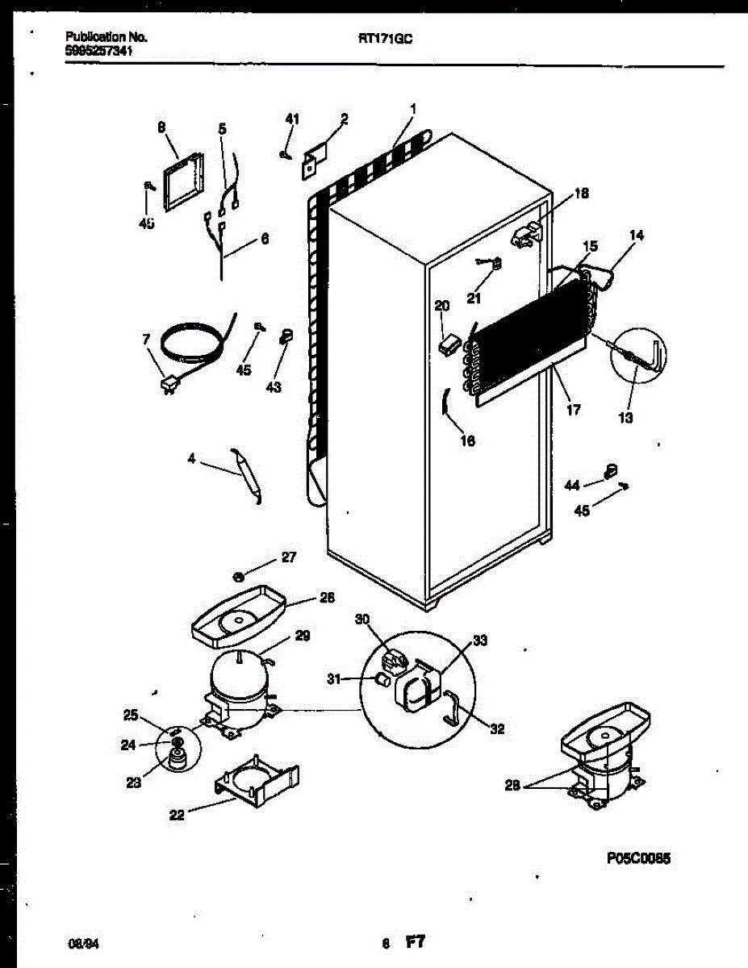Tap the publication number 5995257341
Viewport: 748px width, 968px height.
click(x=99, y=51)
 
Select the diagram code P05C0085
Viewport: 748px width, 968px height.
click(x=637, y=858)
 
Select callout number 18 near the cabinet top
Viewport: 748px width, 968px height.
click(x=581, y=194)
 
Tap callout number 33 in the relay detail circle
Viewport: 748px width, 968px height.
click(x=480, y=641)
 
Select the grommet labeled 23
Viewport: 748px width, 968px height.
click(x=176, y=759)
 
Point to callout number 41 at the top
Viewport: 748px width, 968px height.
click(x=292, y=119)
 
